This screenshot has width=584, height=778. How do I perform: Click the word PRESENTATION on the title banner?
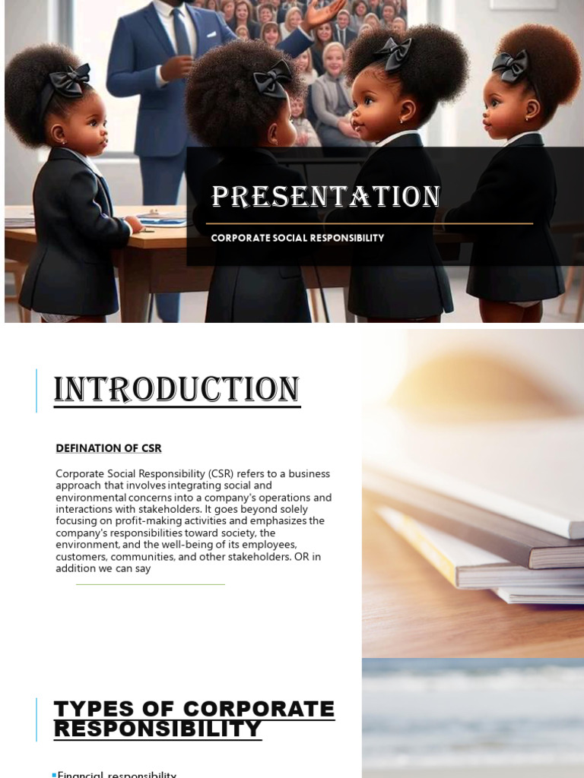[325, 197]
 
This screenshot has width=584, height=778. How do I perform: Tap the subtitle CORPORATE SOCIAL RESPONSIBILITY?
[297, 238]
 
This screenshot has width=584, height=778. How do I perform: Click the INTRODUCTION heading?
[176, 390]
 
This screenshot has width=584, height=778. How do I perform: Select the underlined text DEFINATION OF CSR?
[108, 448]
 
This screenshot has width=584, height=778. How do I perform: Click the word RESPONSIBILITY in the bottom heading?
[157, 729]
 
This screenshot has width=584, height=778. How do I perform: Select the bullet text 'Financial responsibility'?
[117, 774]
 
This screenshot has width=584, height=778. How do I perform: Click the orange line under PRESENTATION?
[372, 223]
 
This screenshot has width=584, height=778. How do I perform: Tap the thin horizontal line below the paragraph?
[150, 584]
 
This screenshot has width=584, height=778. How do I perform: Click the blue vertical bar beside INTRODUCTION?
[36, 391]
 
